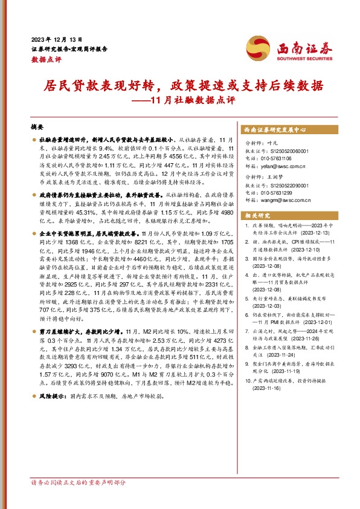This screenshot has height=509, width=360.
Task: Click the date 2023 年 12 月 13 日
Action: point(56,37)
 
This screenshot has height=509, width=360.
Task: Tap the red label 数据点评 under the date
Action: point(44,59)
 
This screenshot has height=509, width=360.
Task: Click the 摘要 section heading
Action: point(37,129)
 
